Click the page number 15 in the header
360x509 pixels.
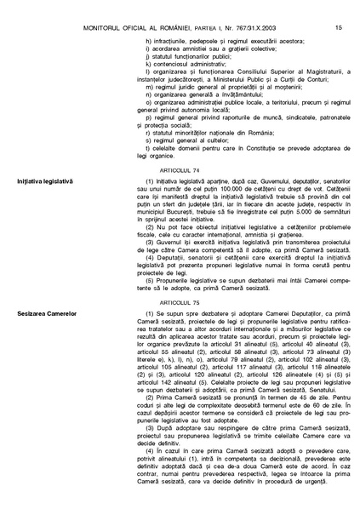click(x=339, y=8)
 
